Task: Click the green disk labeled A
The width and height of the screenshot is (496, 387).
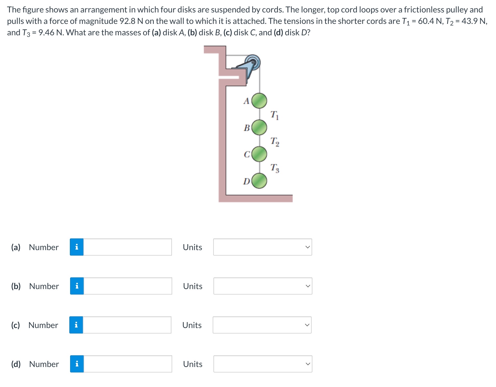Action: [x=259, y=101]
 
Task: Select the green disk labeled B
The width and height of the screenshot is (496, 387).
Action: [x=259, y=127]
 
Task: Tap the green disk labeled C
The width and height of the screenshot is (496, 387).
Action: [x=259, y=154]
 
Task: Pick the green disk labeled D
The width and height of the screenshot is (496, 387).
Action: [x=259, y=181]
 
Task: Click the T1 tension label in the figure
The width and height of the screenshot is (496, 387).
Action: [x=274, y=115]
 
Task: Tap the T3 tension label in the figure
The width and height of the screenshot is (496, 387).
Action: [x=275, y=168]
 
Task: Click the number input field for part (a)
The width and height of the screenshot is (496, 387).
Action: [x=128, y=247]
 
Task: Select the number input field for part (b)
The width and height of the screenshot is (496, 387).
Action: [x=128, y=286]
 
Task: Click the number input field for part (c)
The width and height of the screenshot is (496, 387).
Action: [x=127, y=325]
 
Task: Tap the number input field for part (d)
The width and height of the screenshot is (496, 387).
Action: [x=128, y=364]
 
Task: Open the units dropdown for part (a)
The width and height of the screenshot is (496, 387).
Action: [x=263, y=247]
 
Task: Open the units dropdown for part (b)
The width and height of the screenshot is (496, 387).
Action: [x=263, y=286]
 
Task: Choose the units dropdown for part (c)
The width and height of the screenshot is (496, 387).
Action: [x=262, y=325]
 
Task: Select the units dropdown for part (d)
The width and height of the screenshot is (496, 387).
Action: [x=263, y=364]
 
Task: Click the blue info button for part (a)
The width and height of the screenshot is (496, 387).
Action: [x=77, y=247]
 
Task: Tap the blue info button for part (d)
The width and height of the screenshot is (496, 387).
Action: [x=77, y=364]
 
